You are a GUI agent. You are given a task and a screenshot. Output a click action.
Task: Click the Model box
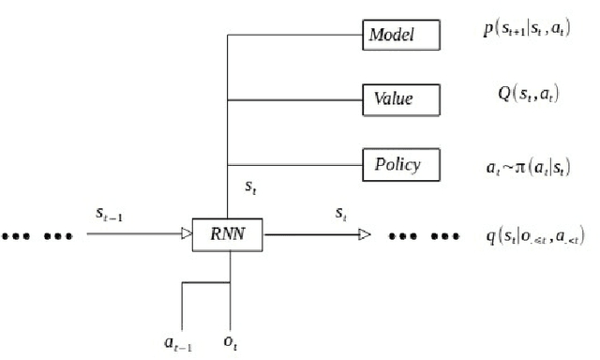pyautogui.click(x=400, y=37)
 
